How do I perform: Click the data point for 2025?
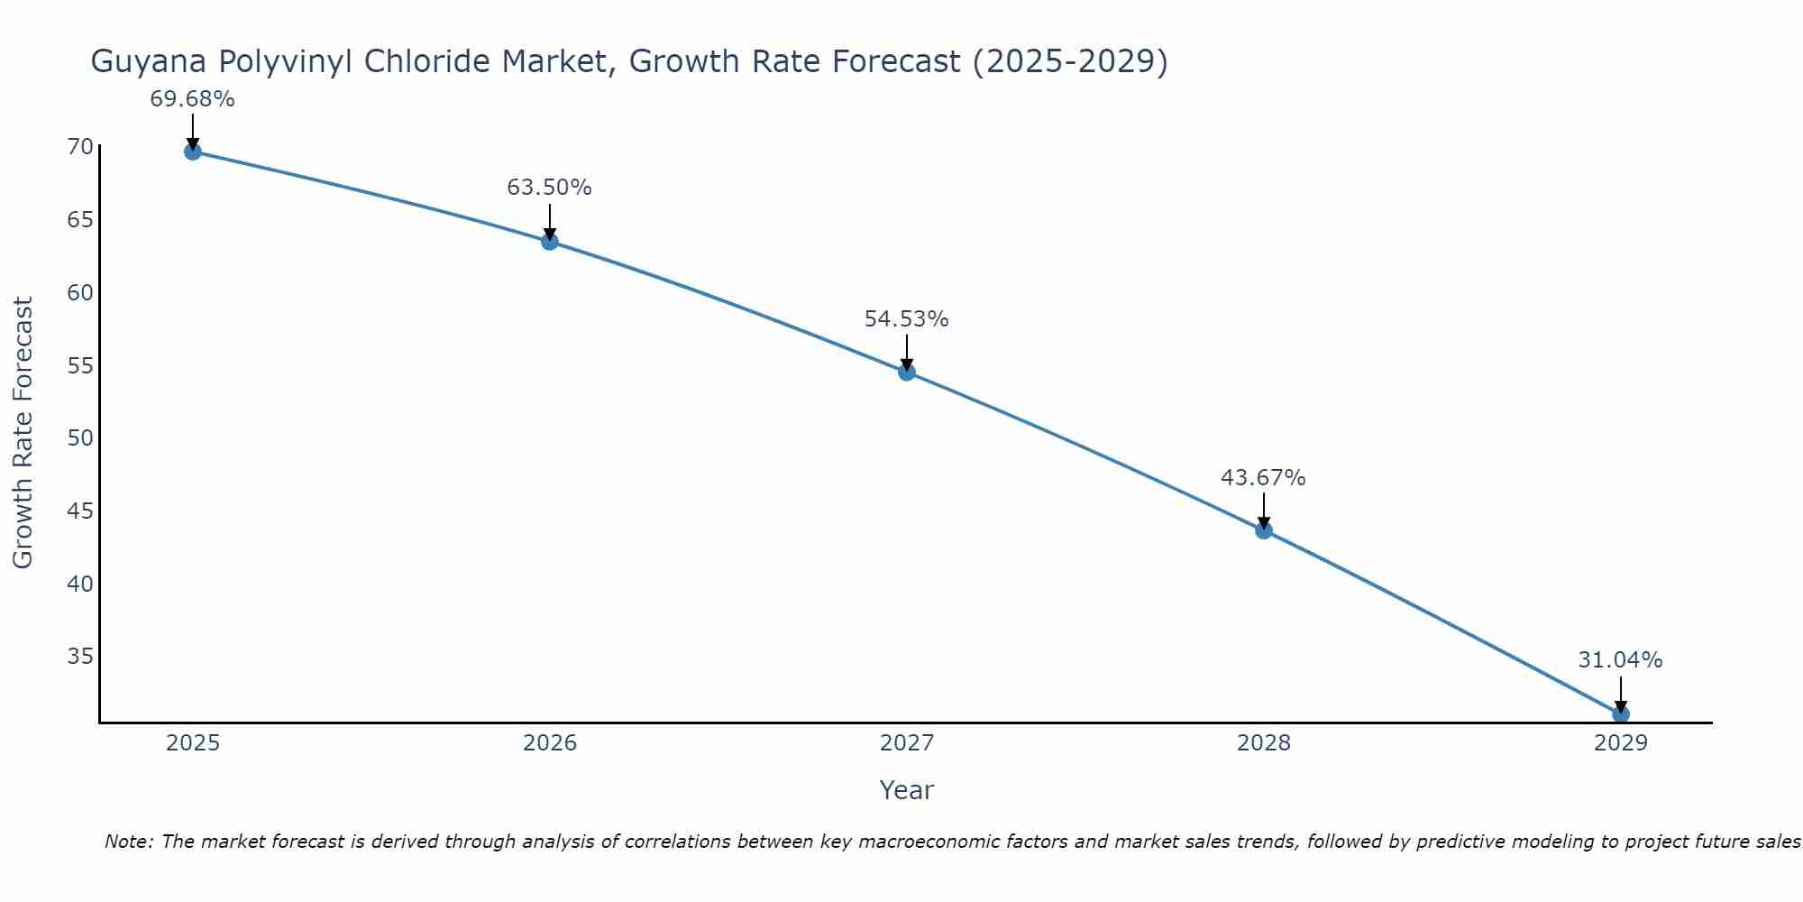(x=192, y=152)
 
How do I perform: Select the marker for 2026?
(x=550, y=242)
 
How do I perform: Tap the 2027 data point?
(x=907, y=373)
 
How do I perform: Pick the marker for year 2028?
(x=1264, y=530)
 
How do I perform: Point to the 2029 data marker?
(x=1621, y=714)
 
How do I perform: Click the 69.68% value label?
(x=192, y=99)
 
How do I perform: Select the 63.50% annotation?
(x=550, y=188)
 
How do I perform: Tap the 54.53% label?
(x=907, y=319)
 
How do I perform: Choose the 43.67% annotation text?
(x=1264, y=478)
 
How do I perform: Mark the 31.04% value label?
(x=1621, y=660)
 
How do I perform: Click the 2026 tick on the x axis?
(x=550, y=743)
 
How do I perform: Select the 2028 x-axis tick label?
(x=1264, y=743)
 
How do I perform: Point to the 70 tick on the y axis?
(x=80, y=147)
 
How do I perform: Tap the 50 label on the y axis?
(x=80, y=438)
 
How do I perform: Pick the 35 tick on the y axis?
(x=80, y=656)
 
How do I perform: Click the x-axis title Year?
(x=907, y=790)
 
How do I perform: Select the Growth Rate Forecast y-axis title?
(x=23, y=433)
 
